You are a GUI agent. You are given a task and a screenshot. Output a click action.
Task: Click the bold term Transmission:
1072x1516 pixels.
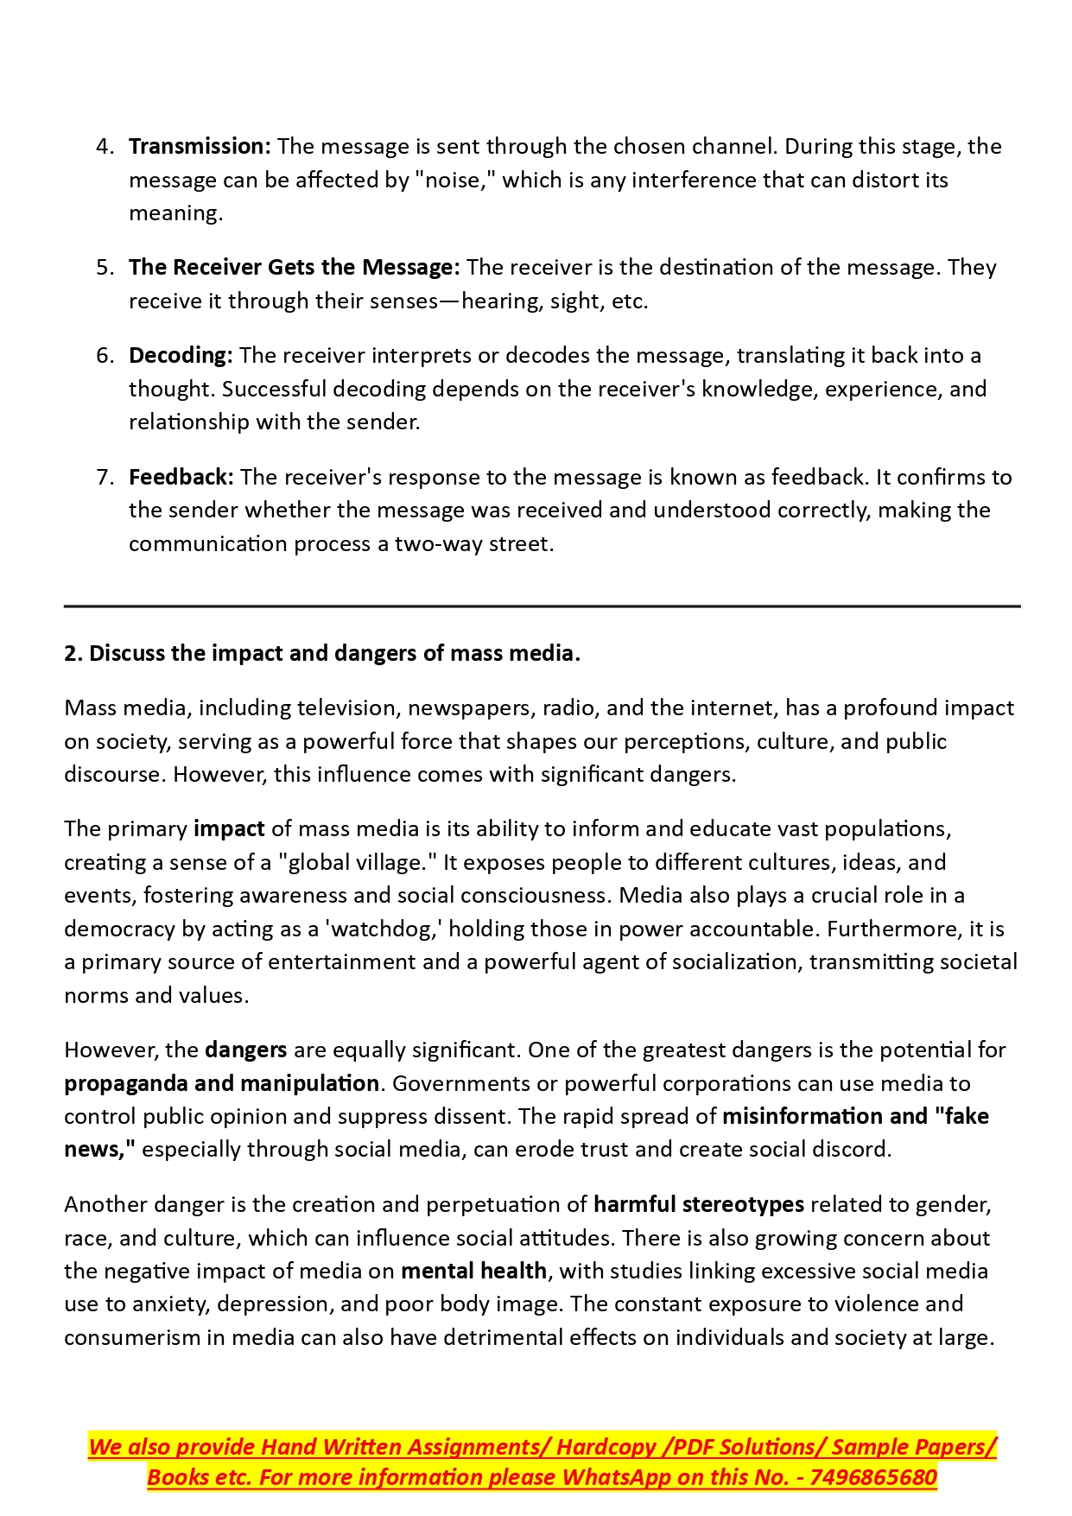(x=200, y=147)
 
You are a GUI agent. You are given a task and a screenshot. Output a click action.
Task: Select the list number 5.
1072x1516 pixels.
(x=105, y=268)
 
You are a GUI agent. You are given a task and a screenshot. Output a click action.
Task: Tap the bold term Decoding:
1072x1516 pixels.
(x=181, y=356)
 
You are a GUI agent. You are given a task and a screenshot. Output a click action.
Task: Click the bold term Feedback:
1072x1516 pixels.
(x=181, y=478)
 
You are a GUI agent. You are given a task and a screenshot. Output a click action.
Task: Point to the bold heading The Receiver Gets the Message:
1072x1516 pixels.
(x=295, y=268)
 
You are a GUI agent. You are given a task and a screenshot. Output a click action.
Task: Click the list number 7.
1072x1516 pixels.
(x=105, y=478)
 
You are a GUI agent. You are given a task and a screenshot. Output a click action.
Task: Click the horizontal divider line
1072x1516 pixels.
(x=542, y=606)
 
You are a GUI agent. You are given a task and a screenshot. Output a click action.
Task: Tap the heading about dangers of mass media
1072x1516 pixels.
(x=321, y=654)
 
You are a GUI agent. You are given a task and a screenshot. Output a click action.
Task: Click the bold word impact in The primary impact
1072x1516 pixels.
(x=229, y=829)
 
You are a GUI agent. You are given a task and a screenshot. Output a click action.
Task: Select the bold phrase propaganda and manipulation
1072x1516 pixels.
(x=221, y=1084)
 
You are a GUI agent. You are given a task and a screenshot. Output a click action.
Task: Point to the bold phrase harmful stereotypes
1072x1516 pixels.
(x=699, y=1205)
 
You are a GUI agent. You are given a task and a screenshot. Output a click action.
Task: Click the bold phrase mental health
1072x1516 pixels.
(x=473, y=1272)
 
